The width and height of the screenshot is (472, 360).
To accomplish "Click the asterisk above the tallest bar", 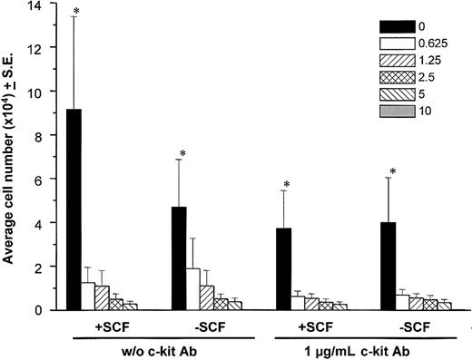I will click(x=76, y=13).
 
